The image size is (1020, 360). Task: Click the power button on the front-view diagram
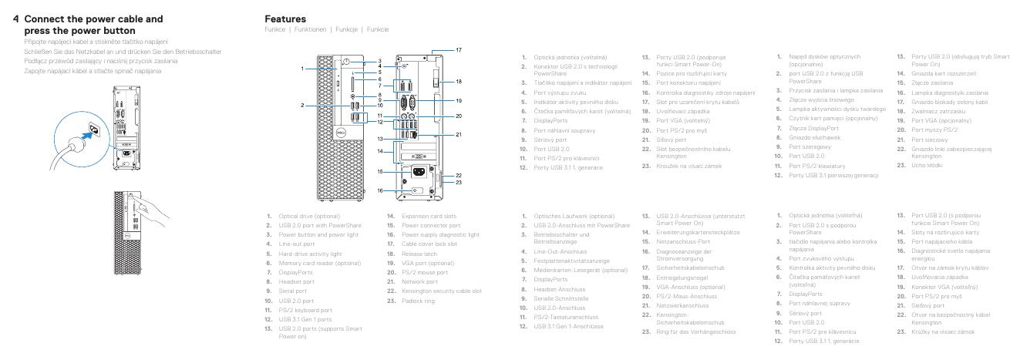(348, 62)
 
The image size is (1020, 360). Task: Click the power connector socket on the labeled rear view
(418, 172)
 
